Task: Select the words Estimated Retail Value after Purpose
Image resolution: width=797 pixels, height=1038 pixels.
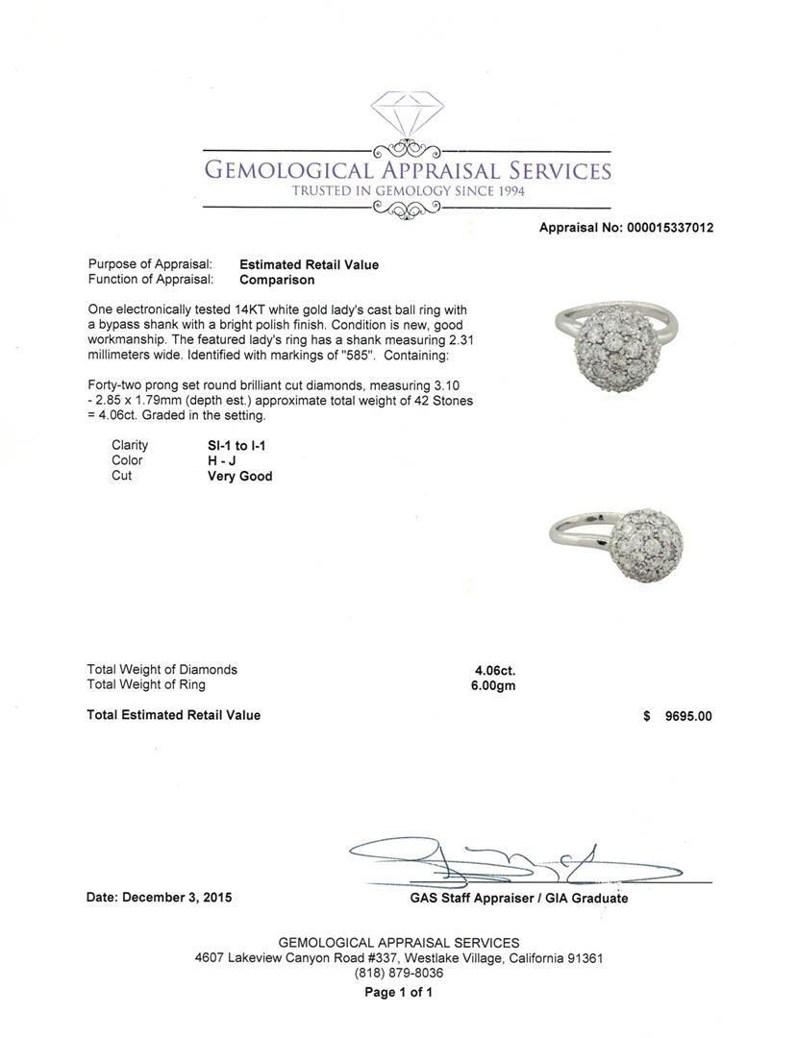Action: (309, 264)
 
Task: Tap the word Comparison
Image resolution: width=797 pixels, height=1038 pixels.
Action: (277, 280)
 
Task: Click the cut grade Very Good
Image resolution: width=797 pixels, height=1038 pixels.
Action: (239, 476)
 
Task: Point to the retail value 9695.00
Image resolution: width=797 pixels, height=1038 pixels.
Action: (688, 716)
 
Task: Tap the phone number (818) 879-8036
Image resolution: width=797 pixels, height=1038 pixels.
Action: (399, 974)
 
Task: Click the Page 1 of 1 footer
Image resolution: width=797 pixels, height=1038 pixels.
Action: (399, 992)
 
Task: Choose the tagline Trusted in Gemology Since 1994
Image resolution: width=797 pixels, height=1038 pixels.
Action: (408, 190)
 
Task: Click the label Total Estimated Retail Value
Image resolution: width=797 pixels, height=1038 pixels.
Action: (174, 715)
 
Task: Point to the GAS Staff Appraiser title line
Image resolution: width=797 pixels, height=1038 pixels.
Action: (518, 898)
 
